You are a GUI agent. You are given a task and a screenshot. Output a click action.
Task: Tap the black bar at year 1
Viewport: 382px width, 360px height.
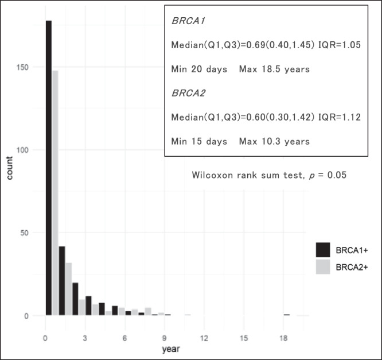(x=62, y=281)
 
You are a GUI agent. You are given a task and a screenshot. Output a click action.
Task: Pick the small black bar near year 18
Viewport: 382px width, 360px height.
(x=286, y=315)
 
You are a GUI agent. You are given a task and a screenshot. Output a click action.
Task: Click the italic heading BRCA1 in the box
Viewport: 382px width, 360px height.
(x=185, y=21)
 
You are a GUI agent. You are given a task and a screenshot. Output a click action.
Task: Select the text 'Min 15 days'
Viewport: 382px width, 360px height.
(x=198, y=141)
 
